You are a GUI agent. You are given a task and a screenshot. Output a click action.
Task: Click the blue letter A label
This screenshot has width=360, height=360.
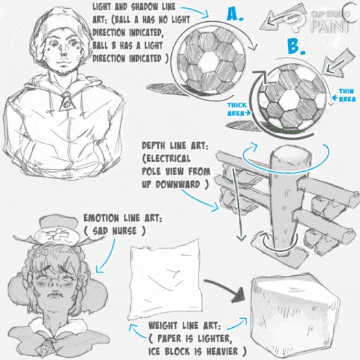click(235, 14)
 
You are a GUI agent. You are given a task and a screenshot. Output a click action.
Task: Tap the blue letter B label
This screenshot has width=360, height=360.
click(296, 47)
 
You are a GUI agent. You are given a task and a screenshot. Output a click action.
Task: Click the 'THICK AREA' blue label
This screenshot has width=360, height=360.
click(238, 110)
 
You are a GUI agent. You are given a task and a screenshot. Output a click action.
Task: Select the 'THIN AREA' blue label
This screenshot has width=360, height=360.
click(344, 95)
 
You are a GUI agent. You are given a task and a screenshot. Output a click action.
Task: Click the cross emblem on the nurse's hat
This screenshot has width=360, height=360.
click(57, 234)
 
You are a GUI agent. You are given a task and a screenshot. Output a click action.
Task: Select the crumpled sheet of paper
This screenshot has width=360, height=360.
click(166, 280)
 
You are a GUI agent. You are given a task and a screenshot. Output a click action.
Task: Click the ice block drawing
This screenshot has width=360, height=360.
click(294, 316)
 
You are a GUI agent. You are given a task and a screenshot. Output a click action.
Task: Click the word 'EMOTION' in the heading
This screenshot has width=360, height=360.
click(101, 218)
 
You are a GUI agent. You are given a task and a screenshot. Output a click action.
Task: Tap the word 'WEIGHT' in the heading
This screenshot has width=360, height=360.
click(163, 326)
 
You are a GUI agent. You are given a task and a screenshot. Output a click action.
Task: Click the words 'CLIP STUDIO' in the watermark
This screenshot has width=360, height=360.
click(330, 14)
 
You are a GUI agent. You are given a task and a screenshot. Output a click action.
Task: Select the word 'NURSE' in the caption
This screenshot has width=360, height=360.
click(125, 231)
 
